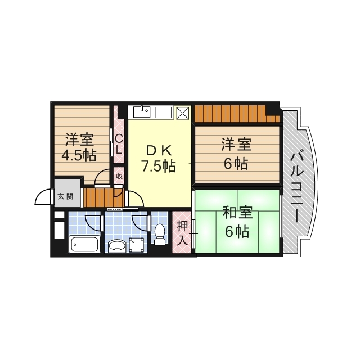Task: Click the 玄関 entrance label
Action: (65, 196)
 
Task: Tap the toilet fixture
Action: (160, 234)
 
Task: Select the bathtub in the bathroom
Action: (84, 245)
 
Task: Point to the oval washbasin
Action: (117, 245)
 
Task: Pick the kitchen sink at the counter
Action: (143, 111)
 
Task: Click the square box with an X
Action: (184, 112)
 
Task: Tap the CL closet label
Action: (119, 143)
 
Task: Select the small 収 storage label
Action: (119, 176)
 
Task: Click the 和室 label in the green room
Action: (237, 214)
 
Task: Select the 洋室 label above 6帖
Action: (236, 145)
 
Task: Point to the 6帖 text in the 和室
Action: (237, 232)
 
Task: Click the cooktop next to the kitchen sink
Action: (164, 112)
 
